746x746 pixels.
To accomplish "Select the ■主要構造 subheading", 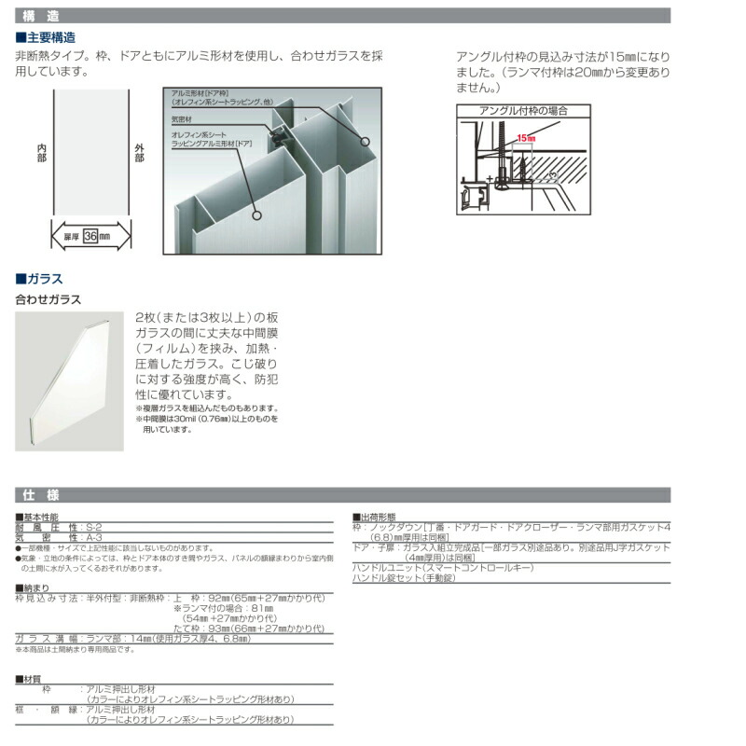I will click(46, 37).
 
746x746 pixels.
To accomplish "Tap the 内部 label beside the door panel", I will click(41, 154).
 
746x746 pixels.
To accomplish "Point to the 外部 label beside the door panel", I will click(140, 154).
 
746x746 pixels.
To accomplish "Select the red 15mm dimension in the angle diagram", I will click(527, 137).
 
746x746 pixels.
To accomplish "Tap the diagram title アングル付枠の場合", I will click(523, 110).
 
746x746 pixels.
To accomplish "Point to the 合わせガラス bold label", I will click(48, 300).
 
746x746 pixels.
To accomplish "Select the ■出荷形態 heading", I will click(374, 517).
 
